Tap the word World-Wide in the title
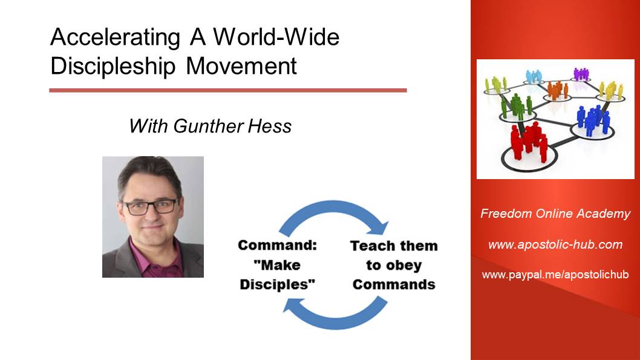click(276, 37)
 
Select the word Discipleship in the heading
click(113, 67)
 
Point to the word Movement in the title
click(241, 66)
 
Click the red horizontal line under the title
click(228, 90)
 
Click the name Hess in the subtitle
click(269, 126)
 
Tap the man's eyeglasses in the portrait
click(151, 207)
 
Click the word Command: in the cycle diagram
click(278, 245)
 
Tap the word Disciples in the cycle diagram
click(278, 284)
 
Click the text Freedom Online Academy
click(555, 214)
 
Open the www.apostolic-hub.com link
click(555, 244)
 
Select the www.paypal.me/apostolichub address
click(555, 274)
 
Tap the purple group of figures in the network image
click(581, 74)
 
